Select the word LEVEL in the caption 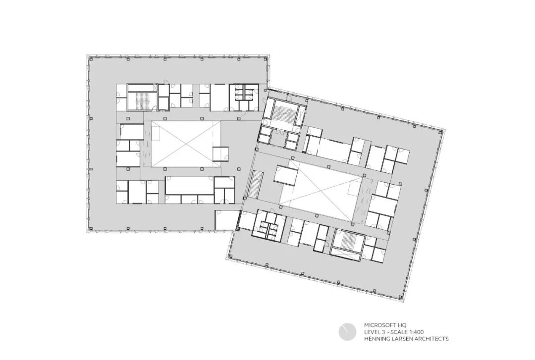[x=374, y=332]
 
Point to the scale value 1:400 [x=415, y=332]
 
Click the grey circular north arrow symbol [x=347, y=332]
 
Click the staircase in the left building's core [x=142, y=97]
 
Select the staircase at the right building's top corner [x=285, y=115]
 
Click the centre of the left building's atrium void [x=185, y=144]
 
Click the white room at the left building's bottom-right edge [x=226, y=220]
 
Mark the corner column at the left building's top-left [x=91, y=58]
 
